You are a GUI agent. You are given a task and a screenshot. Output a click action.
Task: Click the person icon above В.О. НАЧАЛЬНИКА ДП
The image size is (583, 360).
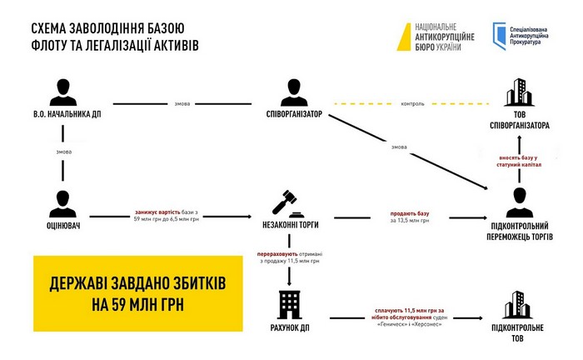tap(63, 92)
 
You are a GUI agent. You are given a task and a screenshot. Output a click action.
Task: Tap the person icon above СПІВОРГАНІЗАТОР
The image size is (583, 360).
tap(294, 92)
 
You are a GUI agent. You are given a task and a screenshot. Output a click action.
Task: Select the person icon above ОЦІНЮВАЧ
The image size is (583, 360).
tap(62, 204)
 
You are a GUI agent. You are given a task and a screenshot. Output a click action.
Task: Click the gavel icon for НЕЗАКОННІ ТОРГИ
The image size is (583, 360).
tap(288, 204)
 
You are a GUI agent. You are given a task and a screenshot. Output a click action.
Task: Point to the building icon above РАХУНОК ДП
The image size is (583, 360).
tap(290, 305)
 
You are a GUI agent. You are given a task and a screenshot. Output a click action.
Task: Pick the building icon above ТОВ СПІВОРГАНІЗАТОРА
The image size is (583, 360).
tap(520, 92)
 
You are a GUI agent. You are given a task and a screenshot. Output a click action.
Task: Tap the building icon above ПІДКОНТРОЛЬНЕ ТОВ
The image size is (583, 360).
tap(517, 305)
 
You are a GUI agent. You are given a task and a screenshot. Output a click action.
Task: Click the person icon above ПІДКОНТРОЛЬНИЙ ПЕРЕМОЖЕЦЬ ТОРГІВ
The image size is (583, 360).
tap(520, 202)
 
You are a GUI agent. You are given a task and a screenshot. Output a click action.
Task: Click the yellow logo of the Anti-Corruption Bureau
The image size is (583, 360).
tap(404, 37)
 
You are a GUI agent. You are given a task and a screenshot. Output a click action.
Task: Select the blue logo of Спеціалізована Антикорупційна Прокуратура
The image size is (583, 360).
tap(499, 36)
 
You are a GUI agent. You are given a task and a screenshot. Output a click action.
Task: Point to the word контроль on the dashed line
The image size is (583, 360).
tap(412, 104)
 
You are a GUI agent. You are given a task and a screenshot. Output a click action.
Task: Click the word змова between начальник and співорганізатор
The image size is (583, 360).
tap(182, 104)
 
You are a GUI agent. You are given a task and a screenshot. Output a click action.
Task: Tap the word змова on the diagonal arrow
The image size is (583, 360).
tap(399, 147)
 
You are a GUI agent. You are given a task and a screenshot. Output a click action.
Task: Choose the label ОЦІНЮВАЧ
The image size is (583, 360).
tap(63, 226)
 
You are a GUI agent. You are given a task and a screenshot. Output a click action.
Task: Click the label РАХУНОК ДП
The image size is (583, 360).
tap(290, 328)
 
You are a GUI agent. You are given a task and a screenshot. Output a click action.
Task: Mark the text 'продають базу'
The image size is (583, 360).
tap(410, 213)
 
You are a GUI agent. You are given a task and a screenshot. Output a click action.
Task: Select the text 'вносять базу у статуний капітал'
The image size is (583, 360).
tap(519, 161)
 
